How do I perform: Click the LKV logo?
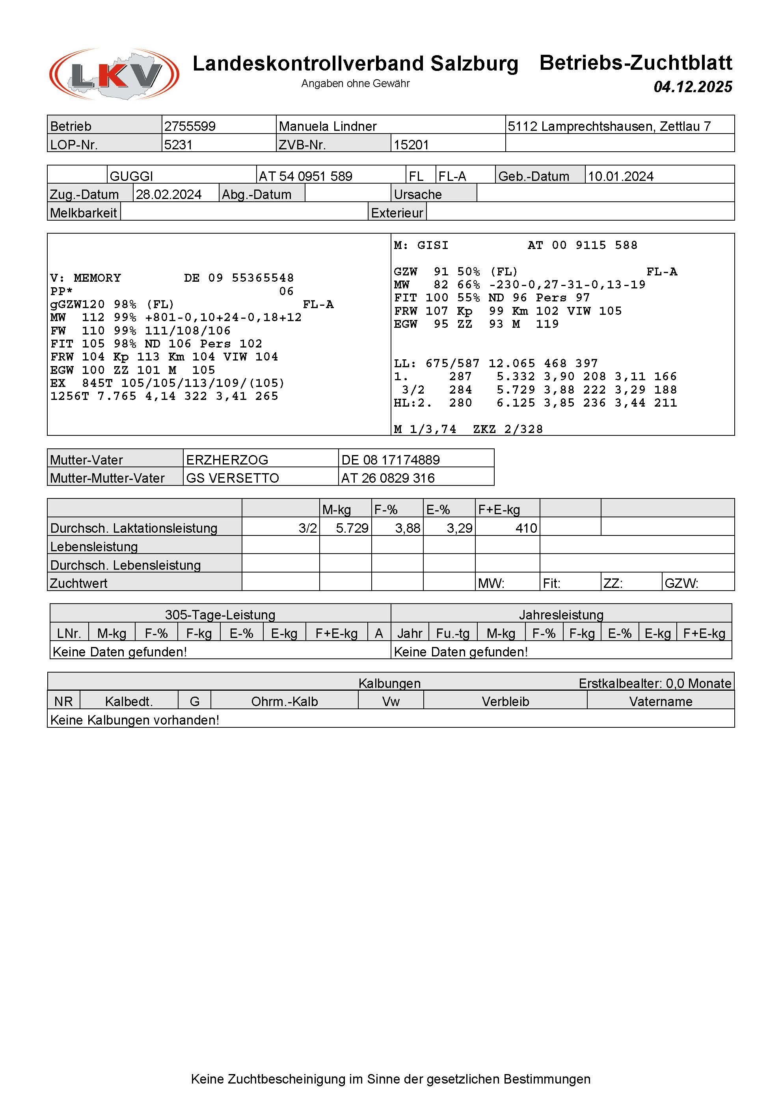tap(114, 74)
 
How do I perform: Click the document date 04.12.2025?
tap(693, 87)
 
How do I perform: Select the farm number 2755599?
tap(190, 126)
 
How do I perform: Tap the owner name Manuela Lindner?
tap(328, 126)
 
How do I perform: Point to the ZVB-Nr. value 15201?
tap(411, 145)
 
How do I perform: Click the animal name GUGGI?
tap(131, 176)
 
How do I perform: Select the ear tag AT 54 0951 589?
tap(305, 176)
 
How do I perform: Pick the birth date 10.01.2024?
tap(620, 176)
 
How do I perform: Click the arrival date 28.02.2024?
tap(169, 195)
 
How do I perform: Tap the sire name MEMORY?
tap(97, 278)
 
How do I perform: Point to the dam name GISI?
tap(433, 245)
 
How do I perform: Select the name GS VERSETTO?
tap(233, 478)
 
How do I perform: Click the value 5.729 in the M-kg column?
tap(352, 528)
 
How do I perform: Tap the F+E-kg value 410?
tap(526, 528)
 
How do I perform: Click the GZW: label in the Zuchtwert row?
tap(681, 584)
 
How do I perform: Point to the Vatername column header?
tap(661, 701)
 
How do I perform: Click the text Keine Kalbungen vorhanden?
tap(134, 720)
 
